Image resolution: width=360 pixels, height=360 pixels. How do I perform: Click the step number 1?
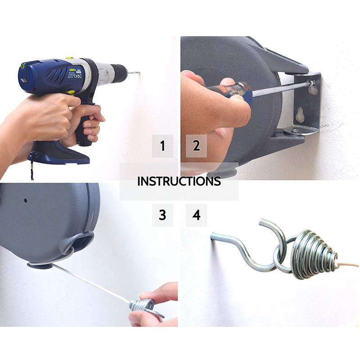click(162, 146)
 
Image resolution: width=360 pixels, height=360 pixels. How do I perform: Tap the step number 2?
click(196, 146)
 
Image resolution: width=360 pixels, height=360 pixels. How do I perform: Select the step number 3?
click(162, 215)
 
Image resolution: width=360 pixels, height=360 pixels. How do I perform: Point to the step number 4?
click(196, 215)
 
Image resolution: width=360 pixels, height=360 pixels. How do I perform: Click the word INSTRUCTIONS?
click(179, 181)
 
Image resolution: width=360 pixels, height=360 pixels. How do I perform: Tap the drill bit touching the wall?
click(135, 73)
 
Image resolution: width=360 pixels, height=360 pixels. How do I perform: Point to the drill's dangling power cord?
click(32, 171)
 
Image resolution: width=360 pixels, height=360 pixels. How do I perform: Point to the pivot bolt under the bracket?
click(293, 131)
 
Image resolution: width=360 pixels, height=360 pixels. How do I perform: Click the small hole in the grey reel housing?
click(26, 200)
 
